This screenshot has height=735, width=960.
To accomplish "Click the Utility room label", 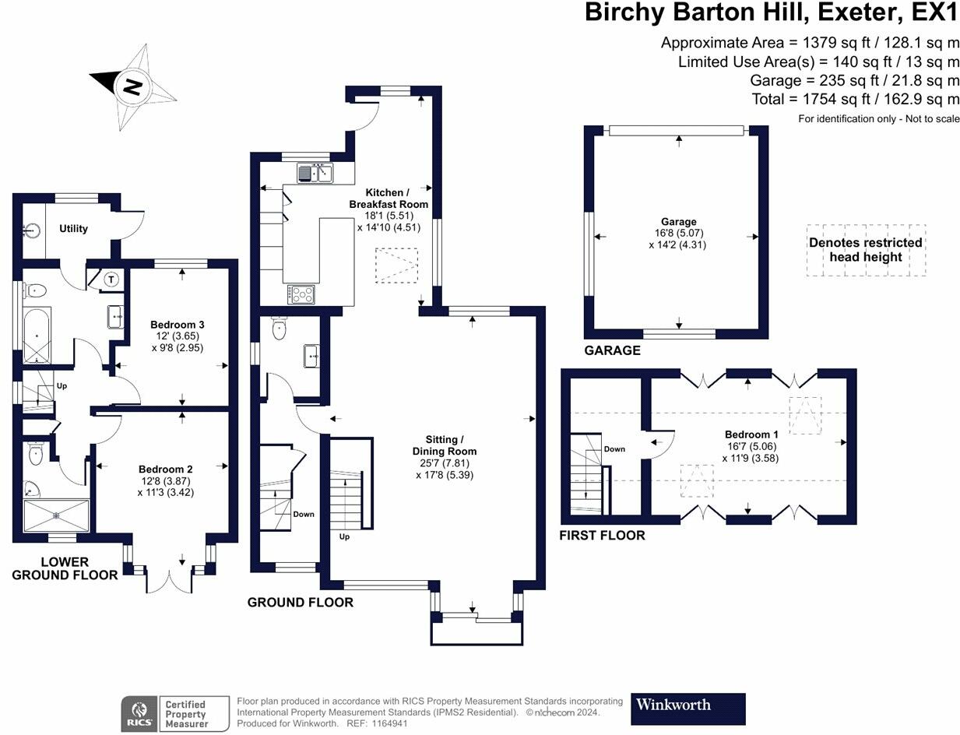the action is pyautogui.click(x=73, y=228).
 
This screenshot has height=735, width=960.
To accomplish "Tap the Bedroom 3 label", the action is pyautogui.click(x=178, y=325).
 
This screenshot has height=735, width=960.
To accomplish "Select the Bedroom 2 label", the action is pyautogui.click(x=166, y=469).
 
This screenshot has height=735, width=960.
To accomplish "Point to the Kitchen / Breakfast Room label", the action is pyautogui.click(x=389, y=199).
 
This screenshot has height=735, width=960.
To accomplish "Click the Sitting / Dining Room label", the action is pyautogui.click(x=445, y=445).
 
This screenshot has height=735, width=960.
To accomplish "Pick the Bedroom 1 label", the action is pyautogui.click(x=751, y=434).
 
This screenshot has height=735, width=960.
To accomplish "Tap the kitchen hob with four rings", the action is pyautogui.click(x=302, y=294).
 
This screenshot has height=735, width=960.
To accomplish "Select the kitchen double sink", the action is pyautogui.click(x=315, y=173).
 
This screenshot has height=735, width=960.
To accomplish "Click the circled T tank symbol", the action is pyautogui.click(x=111, y=280).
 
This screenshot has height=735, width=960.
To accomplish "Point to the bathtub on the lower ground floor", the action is pyautogui.click(x=37, y=336).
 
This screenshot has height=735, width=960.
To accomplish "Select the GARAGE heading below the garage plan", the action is pyautogui.click(x=612, y=350).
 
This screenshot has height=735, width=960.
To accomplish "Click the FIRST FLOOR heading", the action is pyautogui.click(x=602, y=536).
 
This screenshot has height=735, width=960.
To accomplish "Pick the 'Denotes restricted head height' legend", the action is pyautogui.click(x=866, y=251).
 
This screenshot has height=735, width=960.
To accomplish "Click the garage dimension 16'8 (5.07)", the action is pyautogui.click(x=679, y=233).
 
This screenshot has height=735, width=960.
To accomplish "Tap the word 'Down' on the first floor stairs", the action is pyautogui.click(x=614, y=448).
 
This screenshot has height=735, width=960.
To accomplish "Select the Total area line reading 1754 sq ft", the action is pyautogui.click(x=856, y=99).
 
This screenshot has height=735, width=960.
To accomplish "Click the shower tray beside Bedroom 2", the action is pyautogui.click(x=57, y=515).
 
